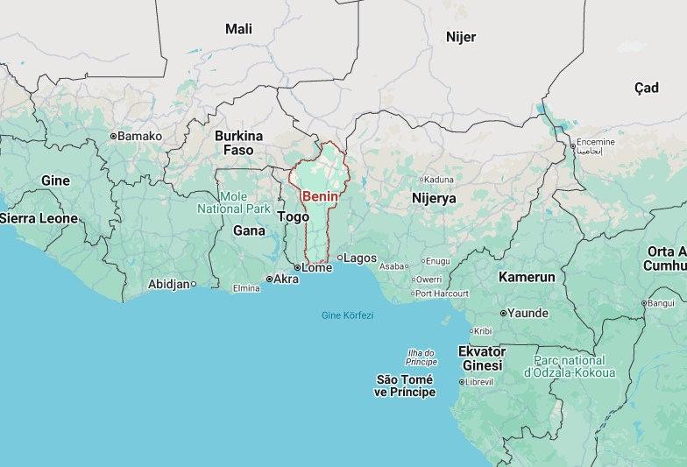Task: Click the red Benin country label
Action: tap(320, 196)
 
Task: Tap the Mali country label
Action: tap(238, 29)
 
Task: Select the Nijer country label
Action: tap(460, 36)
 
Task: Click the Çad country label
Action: tap(646, 88)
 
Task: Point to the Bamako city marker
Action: tap(113, 136)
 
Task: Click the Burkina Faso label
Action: tap(238, 143)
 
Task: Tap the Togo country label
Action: tap(293, 216)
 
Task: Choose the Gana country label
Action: tap(249, 230)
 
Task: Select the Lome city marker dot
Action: tap(297, 268)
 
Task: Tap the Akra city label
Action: tap(287, 279)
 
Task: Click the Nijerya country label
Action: tap(434, 199)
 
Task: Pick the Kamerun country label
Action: tap(527, 277)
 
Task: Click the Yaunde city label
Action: tap(528, 313)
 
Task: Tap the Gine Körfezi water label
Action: tap(347, 315)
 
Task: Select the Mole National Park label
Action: tap(233, 202)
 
